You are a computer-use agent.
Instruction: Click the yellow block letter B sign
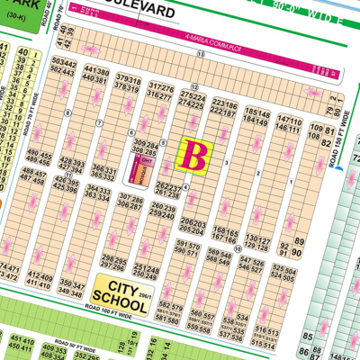click(x=192, y=154)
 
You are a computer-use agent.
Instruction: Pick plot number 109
click(x=316, y=131)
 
